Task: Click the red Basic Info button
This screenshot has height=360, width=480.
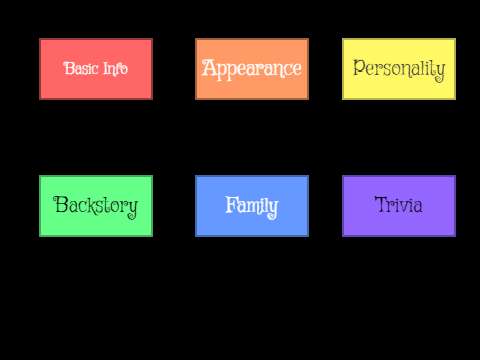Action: (96, 69)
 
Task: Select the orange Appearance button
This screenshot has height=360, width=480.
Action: (252, 69)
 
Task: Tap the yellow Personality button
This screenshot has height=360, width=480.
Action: (399, 69)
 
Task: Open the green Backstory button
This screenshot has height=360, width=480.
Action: (96, 206)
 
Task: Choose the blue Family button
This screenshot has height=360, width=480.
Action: (252, 206)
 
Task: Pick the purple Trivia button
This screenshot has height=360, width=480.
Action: (399, 206)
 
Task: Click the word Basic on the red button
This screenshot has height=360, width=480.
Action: (81, 68)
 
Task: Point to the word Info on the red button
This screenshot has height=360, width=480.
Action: (115, 69)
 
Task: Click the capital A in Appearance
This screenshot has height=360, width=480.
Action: (209, 68)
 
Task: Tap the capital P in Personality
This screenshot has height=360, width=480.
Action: (359, 67)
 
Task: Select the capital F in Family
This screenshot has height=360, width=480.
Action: (232, 204)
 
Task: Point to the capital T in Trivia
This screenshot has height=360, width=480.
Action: (382, 204)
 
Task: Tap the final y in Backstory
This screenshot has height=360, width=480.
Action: (132, 209)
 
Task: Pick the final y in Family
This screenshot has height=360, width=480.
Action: (272, 209)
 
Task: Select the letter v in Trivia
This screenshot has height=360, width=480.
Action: (404, 207)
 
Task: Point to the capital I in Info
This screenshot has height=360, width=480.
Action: (106, 68)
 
